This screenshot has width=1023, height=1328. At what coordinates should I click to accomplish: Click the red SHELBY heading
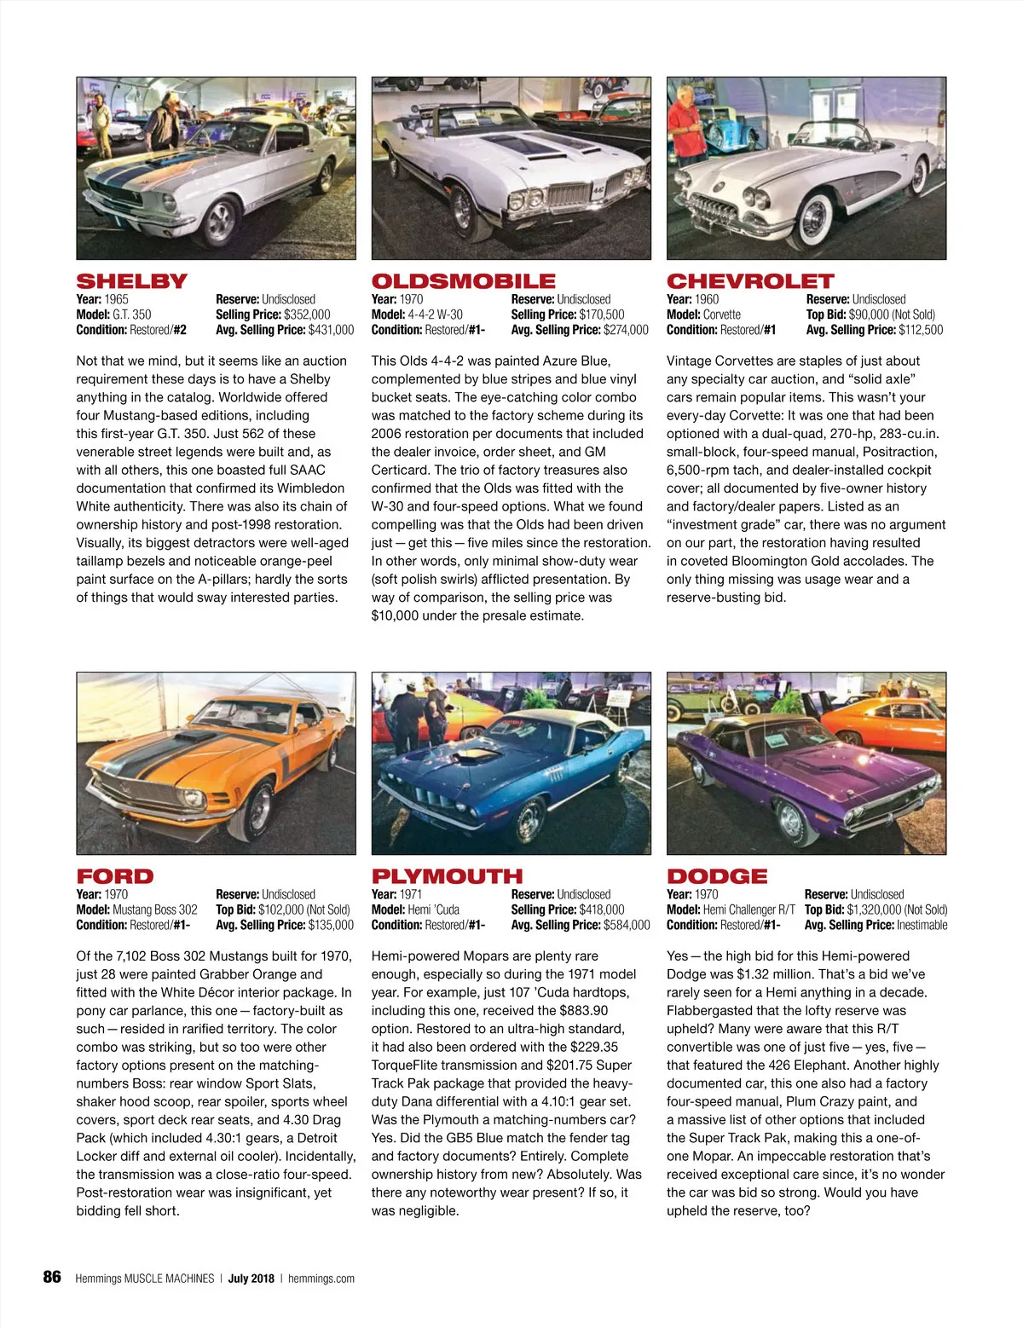(x=131, y=280)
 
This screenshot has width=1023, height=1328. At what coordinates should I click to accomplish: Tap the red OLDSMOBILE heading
(x=463, y=280)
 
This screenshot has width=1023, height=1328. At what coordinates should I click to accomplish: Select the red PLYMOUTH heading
(x=447, y=875)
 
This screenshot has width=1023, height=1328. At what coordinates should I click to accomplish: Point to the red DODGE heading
(x=717, y=875)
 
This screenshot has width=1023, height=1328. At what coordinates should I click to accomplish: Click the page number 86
(x=52, y=1277)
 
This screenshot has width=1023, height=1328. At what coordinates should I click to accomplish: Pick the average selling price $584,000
(x=627, y=925)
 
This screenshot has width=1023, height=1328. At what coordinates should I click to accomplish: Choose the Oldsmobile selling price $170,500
(x=602, y=315)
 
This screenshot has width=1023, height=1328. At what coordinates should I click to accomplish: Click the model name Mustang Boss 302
(x=154, y=909)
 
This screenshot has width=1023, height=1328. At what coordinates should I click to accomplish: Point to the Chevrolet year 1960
(x=707, y=299)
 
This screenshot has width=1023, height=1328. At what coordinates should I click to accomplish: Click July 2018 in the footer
(x=251, y=1278)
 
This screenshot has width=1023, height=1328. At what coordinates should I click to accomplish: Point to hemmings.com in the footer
(x=321, y=1278)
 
